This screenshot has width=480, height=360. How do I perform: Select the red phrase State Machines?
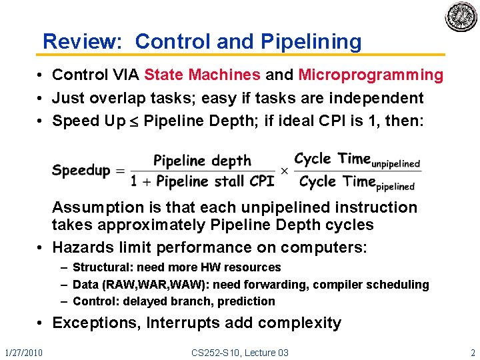coord(202,75)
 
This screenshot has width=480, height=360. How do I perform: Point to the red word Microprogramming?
coord(371,75)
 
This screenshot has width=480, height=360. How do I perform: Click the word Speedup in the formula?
coord(81,170)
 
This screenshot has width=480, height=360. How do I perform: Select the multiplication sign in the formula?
coord(284,171)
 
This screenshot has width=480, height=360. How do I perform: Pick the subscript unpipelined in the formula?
coord(395,163)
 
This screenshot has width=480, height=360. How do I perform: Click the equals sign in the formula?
coord(120,171)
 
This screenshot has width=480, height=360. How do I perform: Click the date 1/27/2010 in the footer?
coord(23,352)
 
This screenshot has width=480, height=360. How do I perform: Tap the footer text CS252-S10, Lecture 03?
coord(240,352)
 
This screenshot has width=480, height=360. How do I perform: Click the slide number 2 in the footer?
coord(473,352)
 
